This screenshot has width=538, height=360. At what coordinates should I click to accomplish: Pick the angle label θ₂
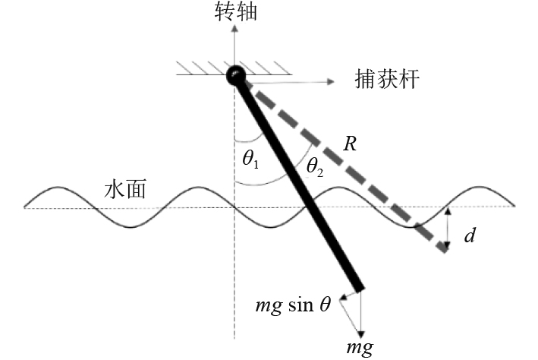313,166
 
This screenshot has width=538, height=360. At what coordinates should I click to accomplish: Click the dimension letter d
470,236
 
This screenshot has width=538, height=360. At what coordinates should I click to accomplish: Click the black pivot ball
235,74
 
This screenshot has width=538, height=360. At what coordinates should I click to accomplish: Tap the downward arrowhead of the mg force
362,334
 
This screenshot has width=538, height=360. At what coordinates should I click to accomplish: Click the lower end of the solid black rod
358,289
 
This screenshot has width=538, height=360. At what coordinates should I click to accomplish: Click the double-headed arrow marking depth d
447,228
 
